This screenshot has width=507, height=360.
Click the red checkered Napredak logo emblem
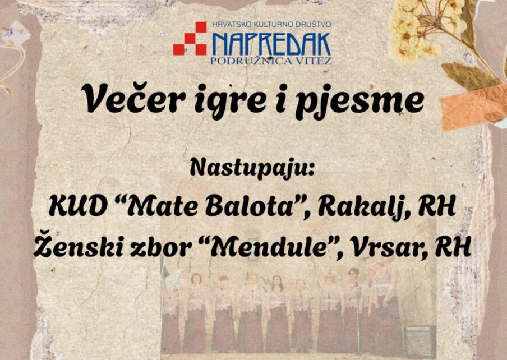[x=190, y=39]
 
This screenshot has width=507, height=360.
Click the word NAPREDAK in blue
[x=271, y=44]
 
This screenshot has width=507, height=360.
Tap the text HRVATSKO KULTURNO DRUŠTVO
[x=271, y=25]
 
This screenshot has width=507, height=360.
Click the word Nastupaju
[x=252, y=168]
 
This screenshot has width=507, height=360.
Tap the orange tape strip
[x=474, y=105]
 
